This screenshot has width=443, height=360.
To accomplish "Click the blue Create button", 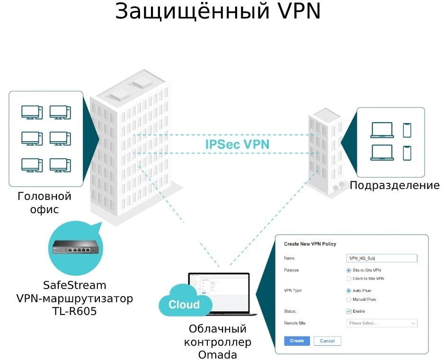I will [297, 341].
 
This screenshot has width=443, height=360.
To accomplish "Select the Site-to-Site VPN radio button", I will [349, 270].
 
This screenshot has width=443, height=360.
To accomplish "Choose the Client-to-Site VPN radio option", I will [349, 279].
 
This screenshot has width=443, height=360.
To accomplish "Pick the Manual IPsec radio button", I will [349, 299].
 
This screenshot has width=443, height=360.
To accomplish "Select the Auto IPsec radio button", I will [349, 290].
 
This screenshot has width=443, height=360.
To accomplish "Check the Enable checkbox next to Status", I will [349, 311].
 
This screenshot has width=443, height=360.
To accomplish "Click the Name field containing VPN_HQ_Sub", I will [381, 258].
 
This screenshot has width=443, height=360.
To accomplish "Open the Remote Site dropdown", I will [381, 323].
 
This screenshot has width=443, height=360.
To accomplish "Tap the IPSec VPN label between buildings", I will [238, 144].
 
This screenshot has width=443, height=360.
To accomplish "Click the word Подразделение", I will [395, 185].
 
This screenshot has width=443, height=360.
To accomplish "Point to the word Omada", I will [218, 354].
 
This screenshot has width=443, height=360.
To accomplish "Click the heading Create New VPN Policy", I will [310, 244].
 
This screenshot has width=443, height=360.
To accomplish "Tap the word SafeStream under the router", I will [75, 286].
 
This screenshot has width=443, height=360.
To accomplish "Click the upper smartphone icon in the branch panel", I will [407, 130].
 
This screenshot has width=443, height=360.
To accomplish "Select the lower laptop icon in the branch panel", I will [382, 153].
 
